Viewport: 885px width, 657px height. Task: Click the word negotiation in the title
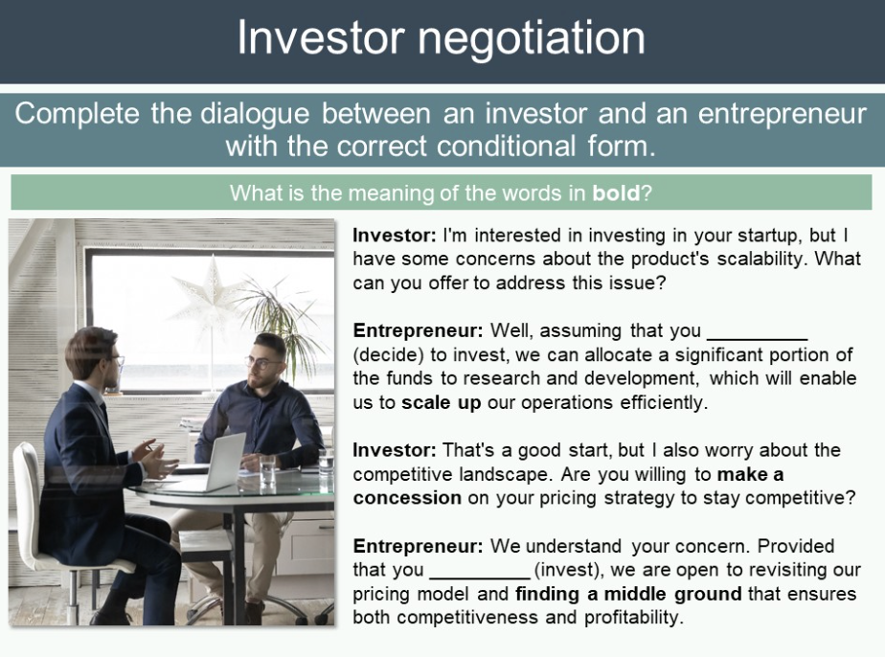532,38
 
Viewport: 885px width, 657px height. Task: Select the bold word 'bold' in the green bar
616,193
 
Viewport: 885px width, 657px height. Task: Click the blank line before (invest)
480,578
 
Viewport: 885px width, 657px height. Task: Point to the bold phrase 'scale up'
442,402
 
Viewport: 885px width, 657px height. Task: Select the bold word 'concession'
407,498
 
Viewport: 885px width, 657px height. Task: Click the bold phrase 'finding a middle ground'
628,594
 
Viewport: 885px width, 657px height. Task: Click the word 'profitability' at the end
633,617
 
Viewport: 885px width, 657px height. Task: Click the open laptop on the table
220,463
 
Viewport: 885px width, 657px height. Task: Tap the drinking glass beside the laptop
267,469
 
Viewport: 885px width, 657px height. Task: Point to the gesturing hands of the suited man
153,459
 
